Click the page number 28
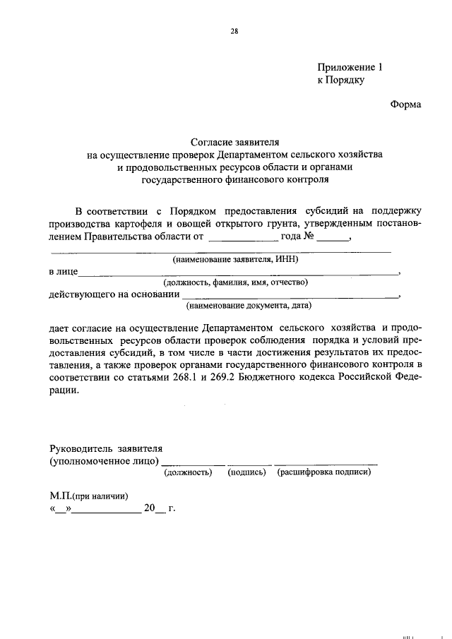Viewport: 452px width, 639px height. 233,31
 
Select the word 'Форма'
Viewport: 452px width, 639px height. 405,104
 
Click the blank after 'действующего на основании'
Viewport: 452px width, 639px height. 290,294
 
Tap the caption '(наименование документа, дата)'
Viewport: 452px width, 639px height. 249,306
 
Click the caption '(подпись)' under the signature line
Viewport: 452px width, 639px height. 246,472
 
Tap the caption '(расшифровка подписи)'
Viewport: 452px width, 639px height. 324,472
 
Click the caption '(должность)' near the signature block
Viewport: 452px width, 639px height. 188,472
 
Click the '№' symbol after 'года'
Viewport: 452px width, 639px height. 308,236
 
